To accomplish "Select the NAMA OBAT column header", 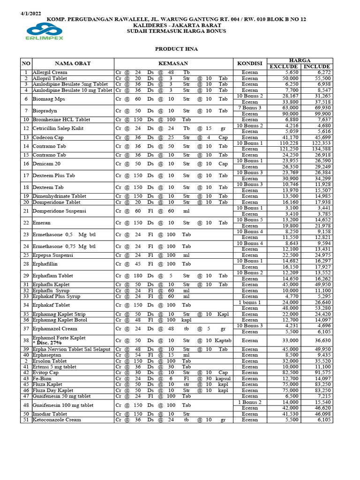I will coord(73,63).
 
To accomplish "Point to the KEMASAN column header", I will coord(173,63).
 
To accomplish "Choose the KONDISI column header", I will coord(249,63).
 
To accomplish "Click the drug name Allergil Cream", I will coord(50,73).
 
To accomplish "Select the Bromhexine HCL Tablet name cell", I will coord(61,120).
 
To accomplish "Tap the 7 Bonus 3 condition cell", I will coord(249,108).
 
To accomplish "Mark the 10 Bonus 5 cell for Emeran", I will coord(249,220).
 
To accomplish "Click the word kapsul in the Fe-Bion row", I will coord(223,379).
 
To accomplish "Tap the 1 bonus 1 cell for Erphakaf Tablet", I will coord(249,302).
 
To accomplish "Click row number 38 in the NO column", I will coord(26,340).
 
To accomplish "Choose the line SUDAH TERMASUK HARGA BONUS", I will coord(176,31).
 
